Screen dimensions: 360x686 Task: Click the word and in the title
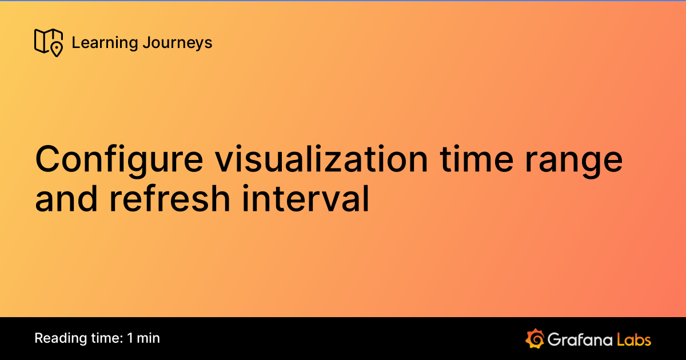(69, 199)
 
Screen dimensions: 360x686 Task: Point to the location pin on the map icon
(57, 50)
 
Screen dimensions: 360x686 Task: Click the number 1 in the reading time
(130, 338)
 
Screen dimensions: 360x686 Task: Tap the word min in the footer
(149, 338)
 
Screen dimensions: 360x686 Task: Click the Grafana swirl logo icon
(534, 338)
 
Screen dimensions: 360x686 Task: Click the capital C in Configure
(47, 159)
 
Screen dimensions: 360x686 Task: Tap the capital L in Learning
(75, 43)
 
